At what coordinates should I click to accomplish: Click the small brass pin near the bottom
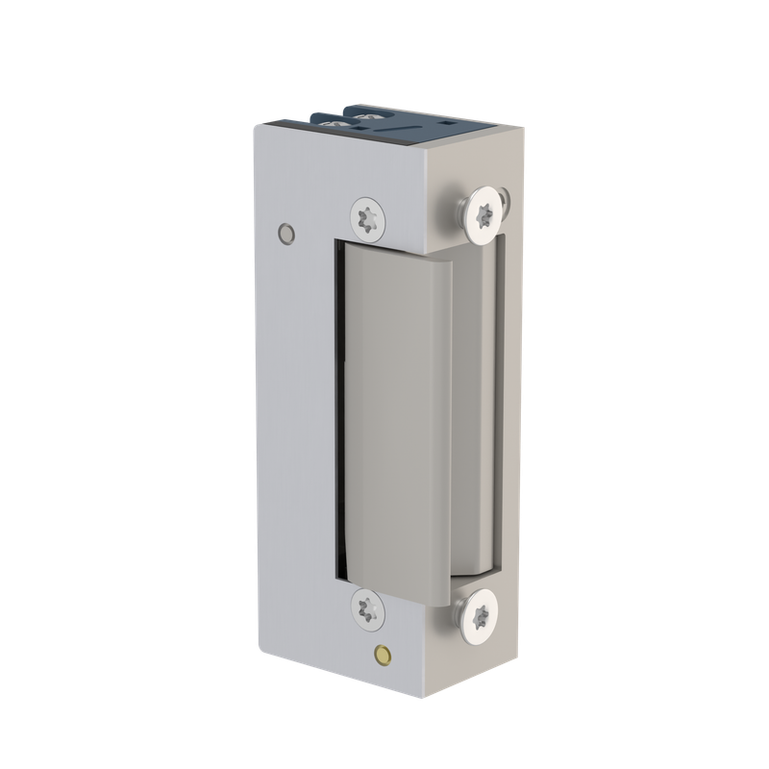coord(384,656)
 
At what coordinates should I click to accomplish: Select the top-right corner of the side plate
coord(524,134)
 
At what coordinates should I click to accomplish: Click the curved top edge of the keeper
coord(394,247)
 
